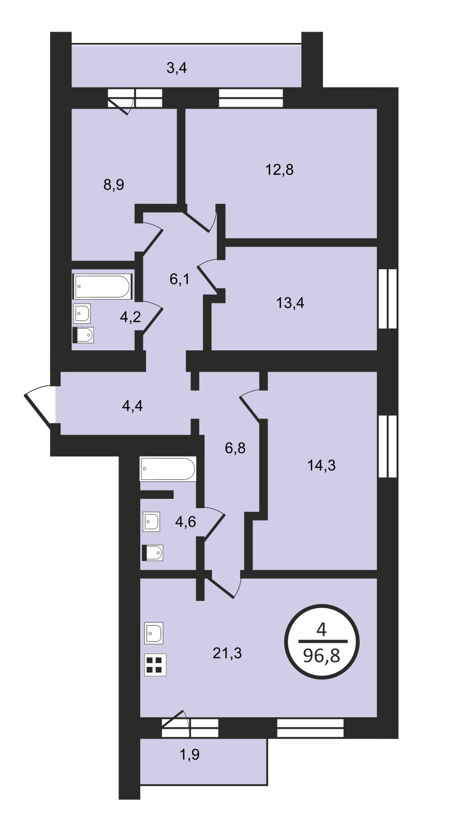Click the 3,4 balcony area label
pyautogui.click(x=177, y=68)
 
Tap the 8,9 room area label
pyautogui.click(x=114, y=184)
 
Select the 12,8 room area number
pyautogui.click(x=280, y=170)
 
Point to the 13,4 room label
pyautogui.click(x=290, y=303)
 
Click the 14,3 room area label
pyautogui.click(x=321, y=465)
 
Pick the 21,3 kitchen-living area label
pyautogui.click(x=227, y=654)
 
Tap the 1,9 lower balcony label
pyautogui.click(x=189, y=755)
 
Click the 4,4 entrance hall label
pyautogui.click(x=133, y=406)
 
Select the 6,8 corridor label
pyautogui.click(x=235, y=448)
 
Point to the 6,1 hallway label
pyautogui.click(x=180, y=279)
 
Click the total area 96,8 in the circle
pyautogui.click(x=321, y=657)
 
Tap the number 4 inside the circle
pyautogui.click(x=321, y=629)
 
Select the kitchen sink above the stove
pyautogui.click(x=154, y=633)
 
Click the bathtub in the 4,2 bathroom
pyautogui.click(x=103, y=286)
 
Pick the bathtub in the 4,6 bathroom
pyautogui.click(x=168, y=469)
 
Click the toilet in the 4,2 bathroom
pyautogui.click(x=83, y=335)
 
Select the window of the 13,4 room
pyautogui.click(x=388, y=298)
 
